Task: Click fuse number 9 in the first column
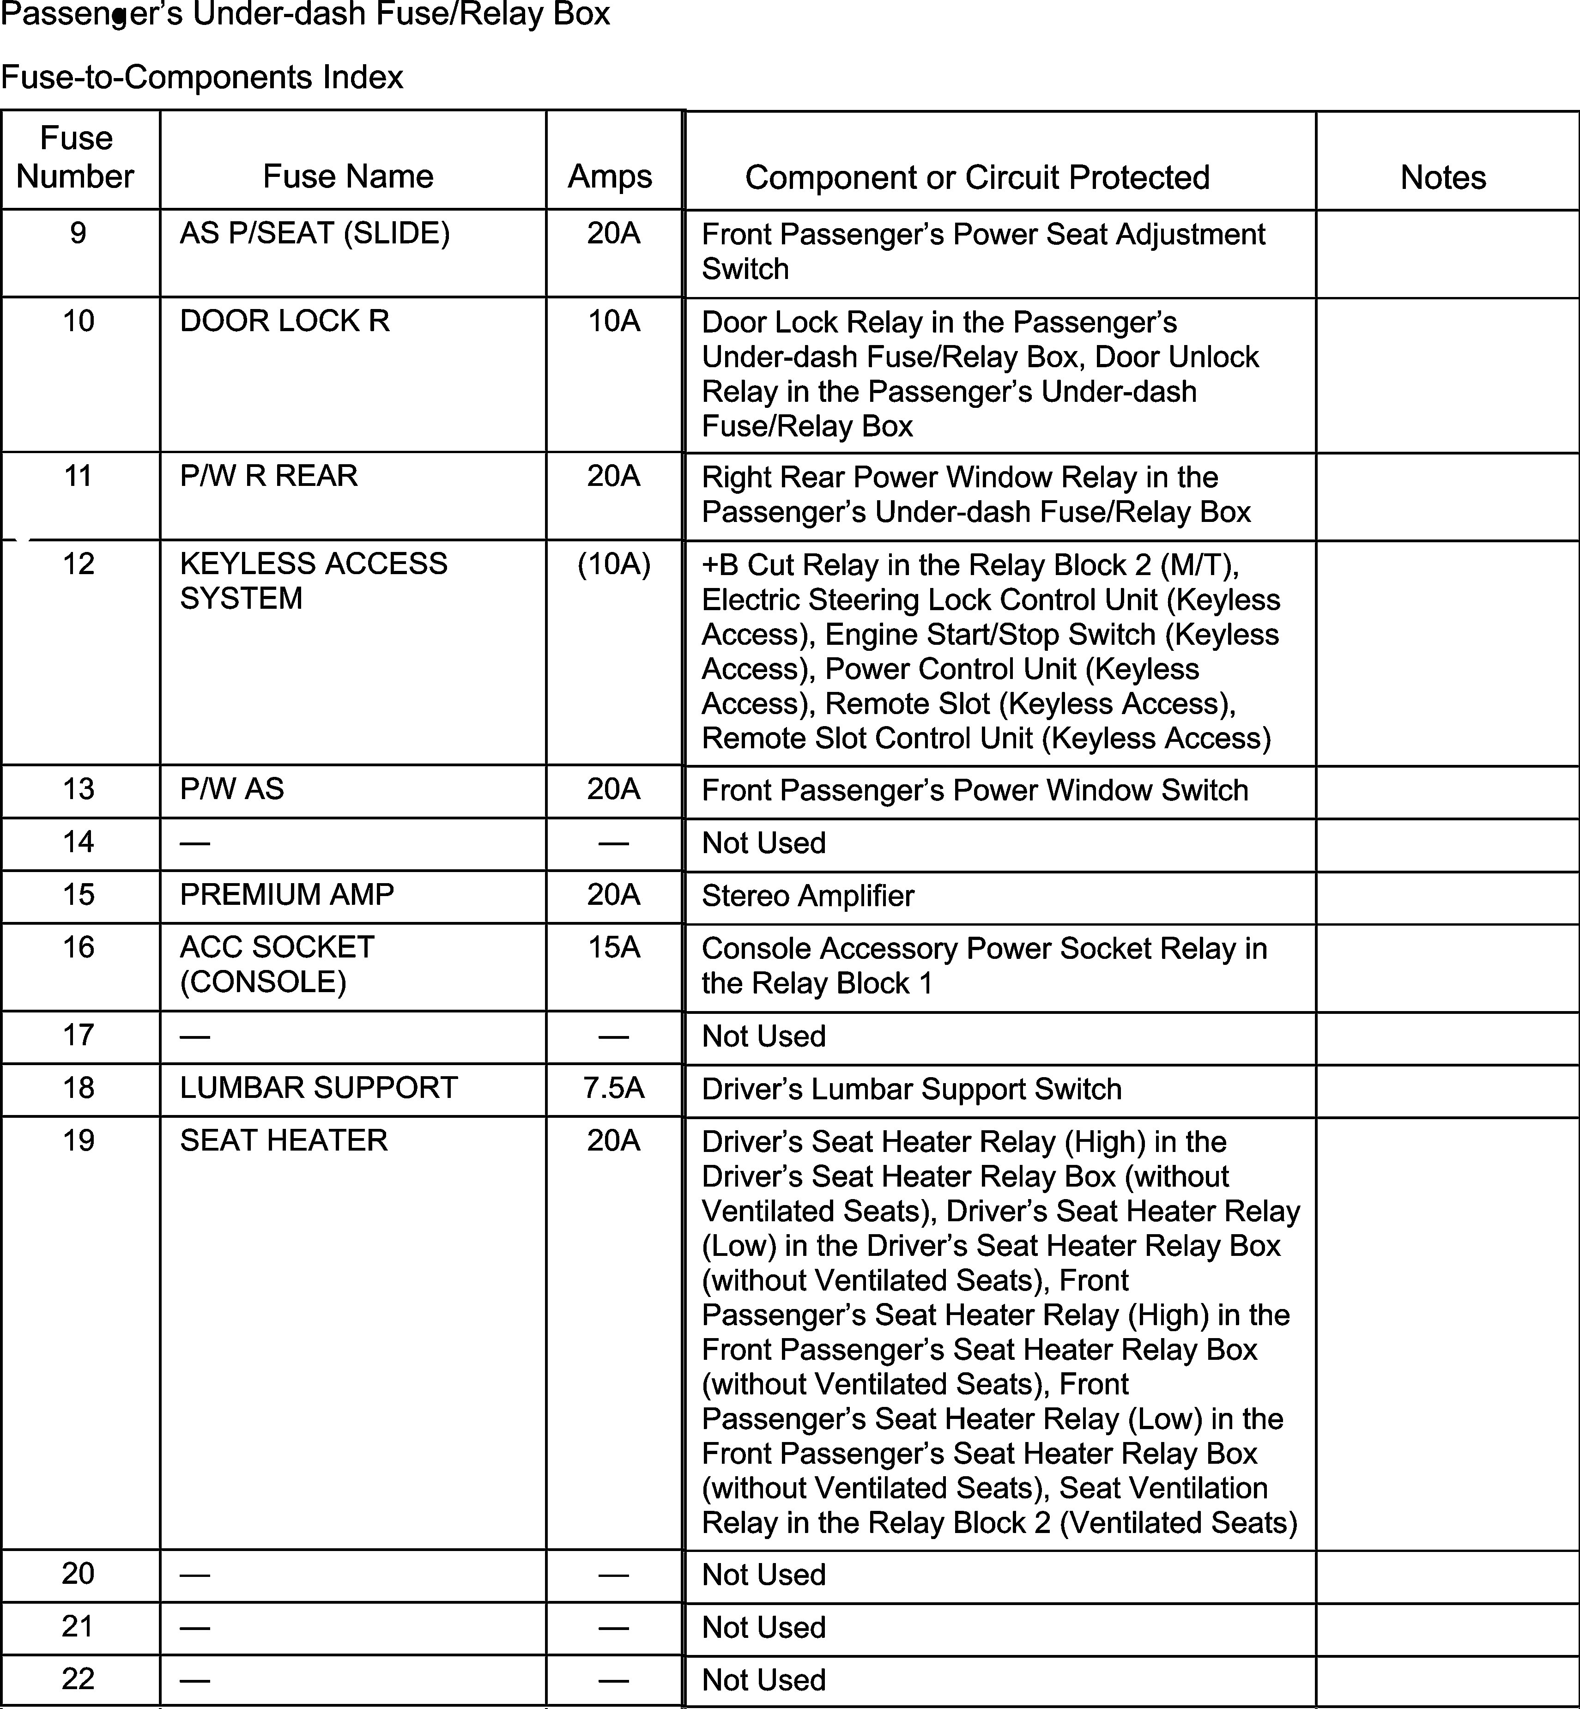tap(78, 233)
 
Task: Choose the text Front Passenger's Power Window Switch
tap(975, 790)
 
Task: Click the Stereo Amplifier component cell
tap(808, 896)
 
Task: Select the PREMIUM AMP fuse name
tap(286, 894)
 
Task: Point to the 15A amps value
tap(613, 947)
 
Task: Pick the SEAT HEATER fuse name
tap(284, 1140)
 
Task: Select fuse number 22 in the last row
tap(78, 1679)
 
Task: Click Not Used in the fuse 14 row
tap(763, 843)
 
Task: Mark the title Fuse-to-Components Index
tap(202, 78)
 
